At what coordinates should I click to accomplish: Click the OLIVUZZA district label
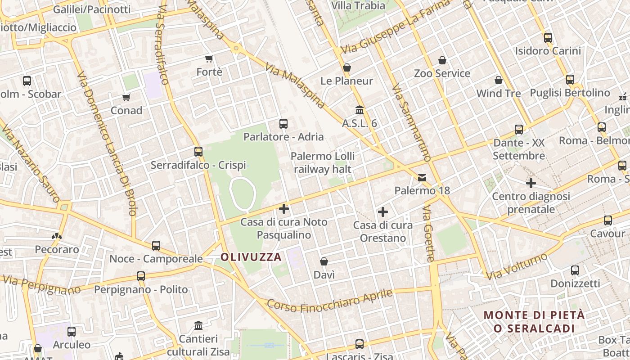pos(251,257)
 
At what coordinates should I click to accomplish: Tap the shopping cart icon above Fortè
pos(209,58)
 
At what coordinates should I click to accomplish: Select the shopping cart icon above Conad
pos(126,97)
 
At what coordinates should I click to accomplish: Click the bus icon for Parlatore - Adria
pos(283,123)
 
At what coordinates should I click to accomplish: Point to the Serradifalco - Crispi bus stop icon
pos(198,152)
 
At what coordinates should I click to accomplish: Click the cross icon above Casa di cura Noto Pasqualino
pos(284,208)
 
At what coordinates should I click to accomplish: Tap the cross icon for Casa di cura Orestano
pos(383,211)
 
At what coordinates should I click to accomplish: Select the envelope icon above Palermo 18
pos(422,177)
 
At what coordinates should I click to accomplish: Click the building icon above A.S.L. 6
pos(360,110)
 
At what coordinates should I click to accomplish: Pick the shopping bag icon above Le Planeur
pos(347,67)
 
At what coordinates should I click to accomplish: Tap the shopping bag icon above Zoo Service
pos(442,60)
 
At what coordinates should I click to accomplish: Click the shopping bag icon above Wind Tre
pos(499,80)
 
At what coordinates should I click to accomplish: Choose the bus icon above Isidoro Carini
pos(548,38)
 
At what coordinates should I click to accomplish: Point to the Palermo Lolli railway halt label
pos(323,162)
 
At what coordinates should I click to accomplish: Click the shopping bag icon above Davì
pos(324,261)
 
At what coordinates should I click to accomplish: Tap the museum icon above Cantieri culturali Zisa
pos(198,325)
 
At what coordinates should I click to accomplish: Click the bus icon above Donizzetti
pos(575,270)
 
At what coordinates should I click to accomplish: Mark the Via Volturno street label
pos(518,265)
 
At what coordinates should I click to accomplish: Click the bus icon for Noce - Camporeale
pos(156,245)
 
